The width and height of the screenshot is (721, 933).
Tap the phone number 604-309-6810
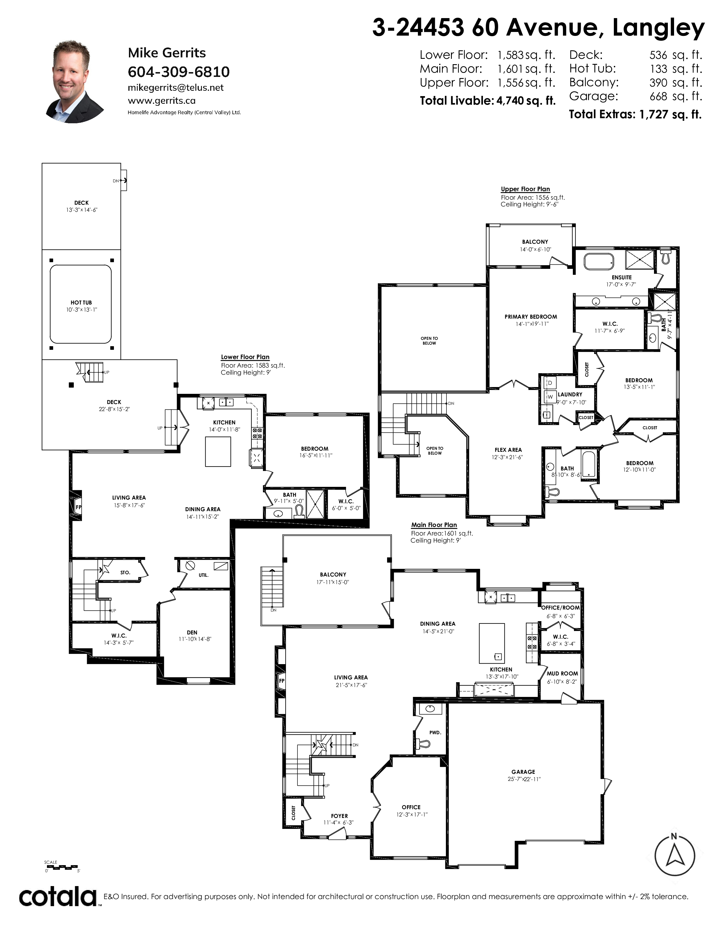(x=178, y=72)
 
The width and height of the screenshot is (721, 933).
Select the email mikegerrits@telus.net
(x=176, y=88)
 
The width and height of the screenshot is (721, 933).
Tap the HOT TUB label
(x=81, y=303)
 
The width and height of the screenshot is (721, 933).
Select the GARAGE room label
(x=523, y=772)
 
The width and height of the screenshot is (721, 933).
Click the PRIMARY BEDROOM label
(x=531, y=317)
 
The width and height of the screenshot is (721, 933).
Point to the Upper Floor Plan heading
(x=525, y=189)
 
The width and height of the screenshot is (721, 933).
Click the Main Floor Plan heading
(x=434, y=524)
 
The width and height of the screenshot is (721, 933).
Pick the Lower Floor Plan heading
(x=245, y=357)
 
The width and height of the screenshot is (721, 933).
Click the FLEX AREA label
(x=508, y=450)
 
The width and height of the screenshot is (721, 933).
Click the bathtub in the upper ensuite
(x=599, y=262)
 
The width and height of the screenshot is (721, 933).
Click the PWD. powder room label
(x=435, y=732)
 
